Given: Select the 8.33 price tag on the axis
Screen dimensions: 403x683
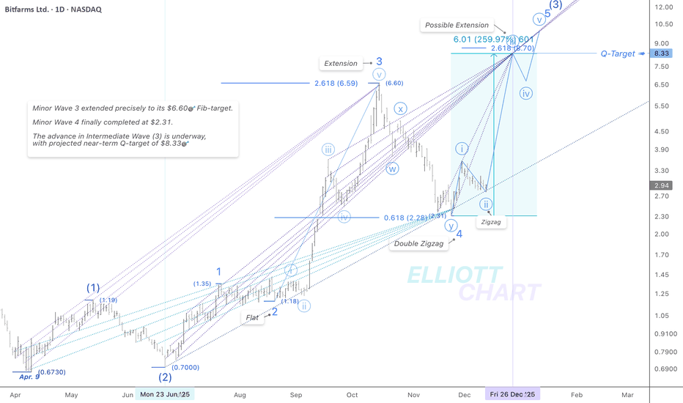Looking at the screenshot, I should (x=662, y=53).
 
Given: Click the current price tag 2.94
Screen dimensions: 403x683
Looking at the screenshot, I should (x=662, y=185).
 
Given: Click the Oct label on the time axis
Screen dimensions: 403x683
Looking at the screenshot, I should (x=352, y=394).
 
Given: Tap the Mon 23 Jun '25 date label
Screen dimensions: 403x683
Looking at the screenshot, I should (x=164, y=394).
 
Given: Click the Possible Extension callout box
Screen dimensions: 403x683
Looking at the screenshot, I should (x=456, y=25).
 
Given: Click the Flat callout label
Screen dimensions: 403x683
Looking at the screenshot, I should (x=254, y=317).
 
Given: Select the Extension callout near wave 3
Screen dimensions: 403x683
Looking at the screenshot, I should (x=341, y=64).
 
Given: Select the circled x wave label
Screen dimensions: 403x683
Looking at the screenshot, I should (x=399, y=108).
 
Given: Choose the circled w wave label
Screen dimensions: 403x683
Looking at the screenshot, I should (x=393, y=169).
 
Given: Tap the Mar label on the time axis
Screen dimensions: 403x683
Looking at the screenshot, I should (x=628, y=394).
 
